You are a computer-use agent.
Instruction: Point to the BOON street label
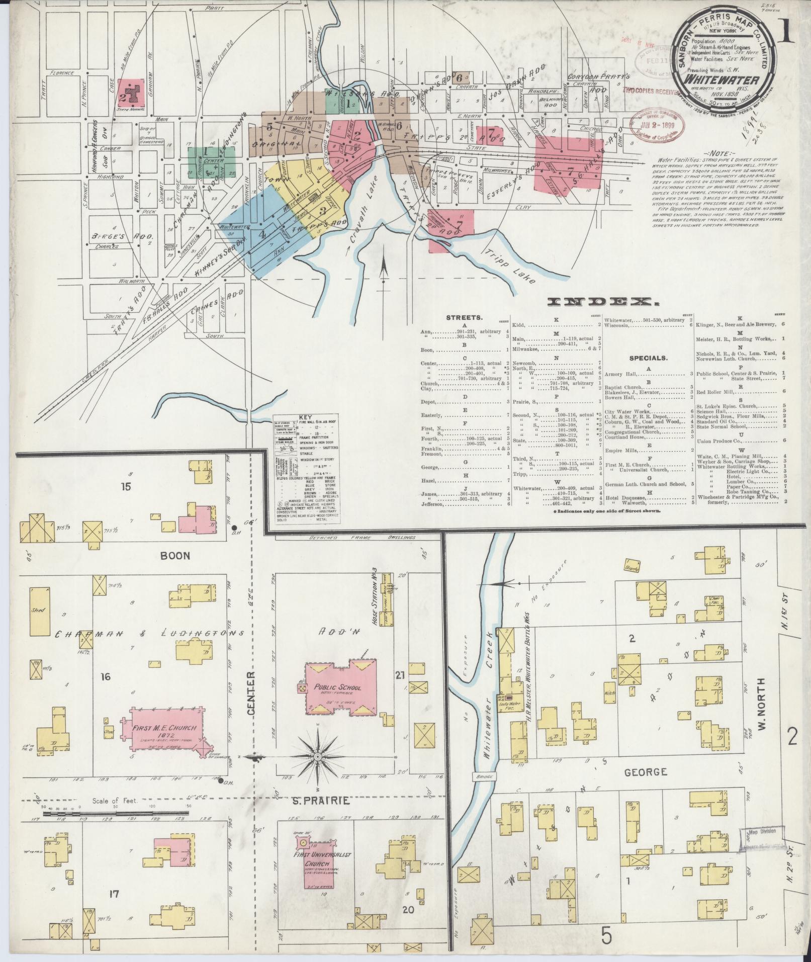[175, 555]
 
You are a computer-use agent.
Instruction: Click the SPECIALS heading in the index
[648, 358]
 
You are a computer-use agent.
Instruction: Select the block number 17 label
[114, 894]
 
